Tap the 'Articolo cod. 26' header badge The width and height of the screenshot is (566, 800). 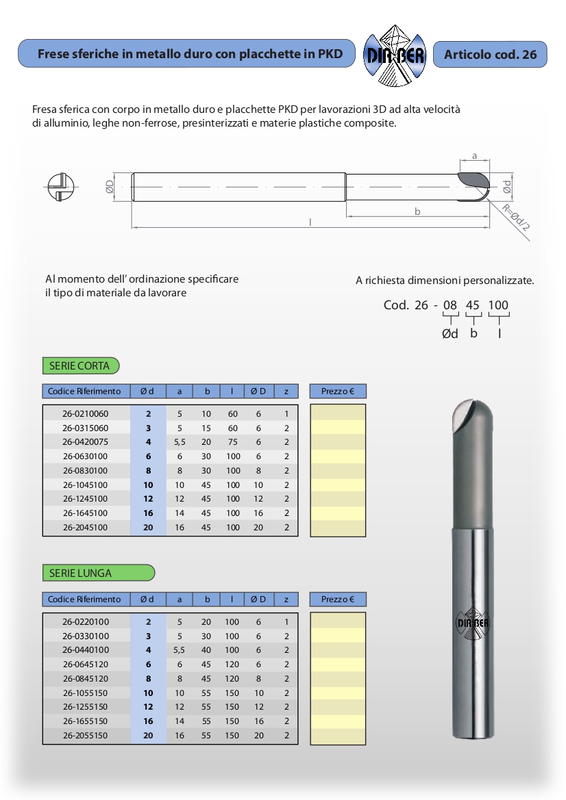pos(490,55)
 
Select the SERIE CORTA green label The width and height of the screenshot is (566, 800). pos(80,366)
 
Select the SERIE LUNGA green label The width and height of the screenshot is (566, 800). pos(98,573)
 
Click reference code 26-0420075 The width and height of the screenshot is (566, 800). pos(86,442)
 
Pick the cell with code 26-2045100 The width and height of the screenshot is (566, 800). pos(86,528)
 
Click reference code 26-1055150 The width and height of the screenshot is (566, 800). pos(86,693)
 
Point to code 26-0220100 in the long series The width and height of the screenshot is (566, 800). pos(86,622)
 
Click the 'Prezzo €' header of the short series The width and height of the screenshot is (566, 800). pos(338,391)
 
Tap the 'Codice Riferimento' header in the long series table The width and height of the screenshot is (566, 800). pos(84,599)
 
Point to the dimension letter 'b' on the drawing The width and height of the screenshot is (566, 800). pos(417,211)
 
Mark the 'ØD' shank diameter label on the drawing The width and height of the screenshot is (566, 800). pos(110,186)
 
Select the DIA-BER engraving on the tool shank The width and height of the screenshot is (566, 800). pos(473,623)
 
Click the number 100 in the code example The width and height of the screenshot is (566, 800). pos(498,305)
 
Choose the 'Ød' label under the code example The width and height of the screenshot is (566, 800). pos(450,334)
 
